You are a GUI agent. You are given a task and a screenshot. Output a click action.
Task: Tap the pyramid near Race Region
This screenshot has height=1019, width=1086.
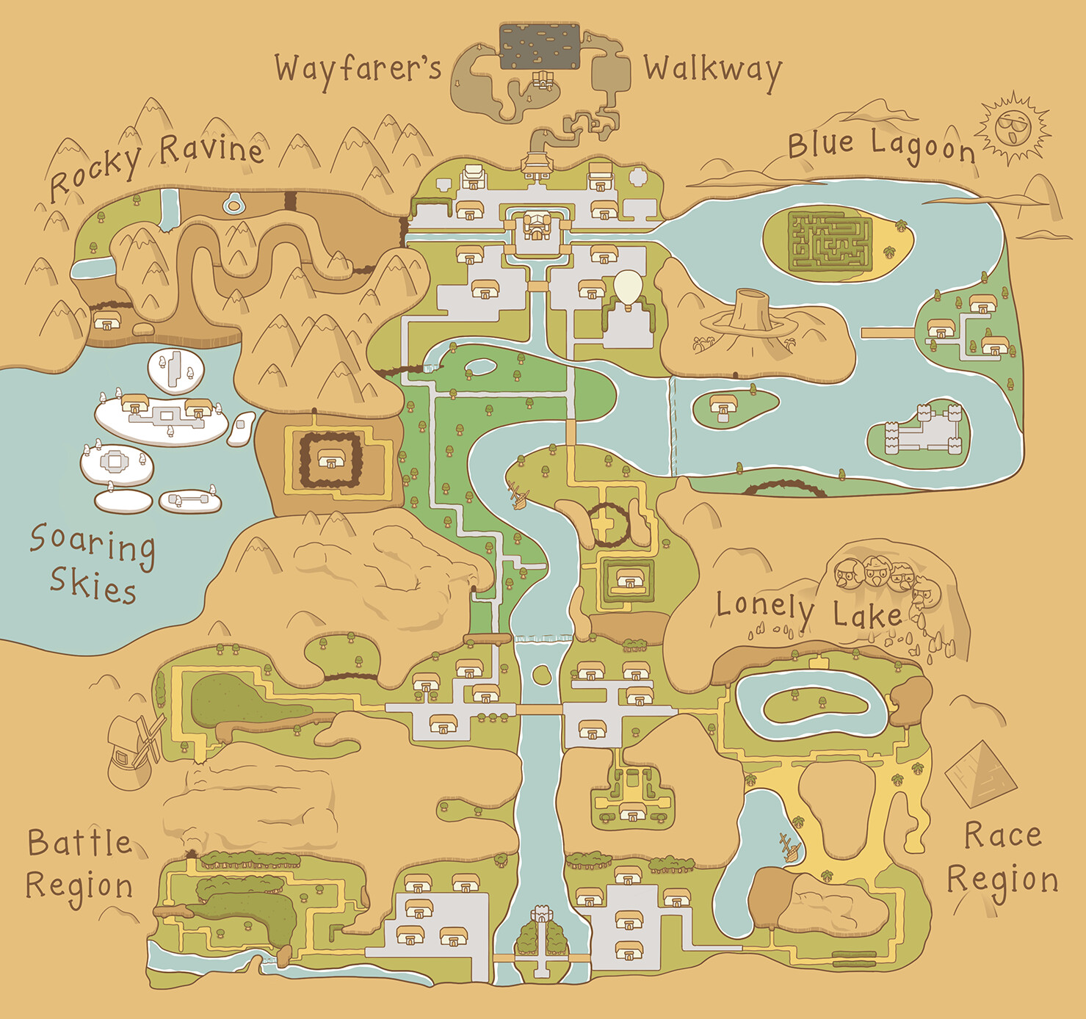click(x=981, y=772)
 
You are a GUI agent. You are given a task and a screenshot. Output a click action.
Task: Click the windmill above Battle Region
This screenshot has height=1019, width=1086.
click(x=134, y=747)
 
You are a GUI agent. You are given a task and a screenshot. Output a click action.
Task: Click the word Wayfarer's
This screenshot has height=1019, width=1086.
click(x=358, y=68)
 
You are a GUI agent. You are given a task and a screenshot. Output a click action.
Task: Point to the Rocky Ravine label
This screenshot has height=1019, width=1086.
click(x=156, y=162)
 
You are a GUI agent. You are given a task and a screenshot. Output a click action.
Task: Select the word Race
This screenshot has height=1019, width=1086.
click(x=1002, y=835)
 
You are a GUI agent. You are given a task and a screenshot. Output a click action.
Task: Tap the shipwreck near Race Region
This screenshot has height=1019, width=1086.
click(x=790, y=846)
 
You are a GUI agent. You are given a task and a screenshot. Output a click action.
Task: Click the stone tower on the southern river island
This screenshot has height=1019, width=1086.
click(x=541, y=915)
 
